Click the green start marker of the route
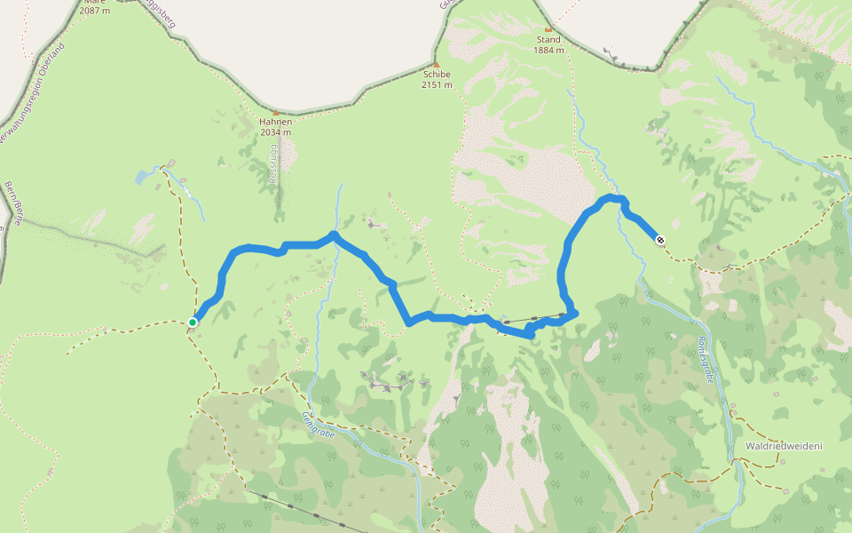[193, 322]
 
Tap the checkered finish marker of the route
[659, 239]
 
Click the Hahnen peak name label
[275, 122]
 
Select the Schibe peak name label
[437, 75]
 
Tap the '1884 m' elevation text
[549, 51]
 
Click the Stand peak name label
[548, 40]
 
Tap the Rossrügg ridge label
[272, 165]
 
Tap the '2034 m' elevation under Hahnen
[275, 132]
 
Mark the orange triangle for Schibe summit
[436, 63]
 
